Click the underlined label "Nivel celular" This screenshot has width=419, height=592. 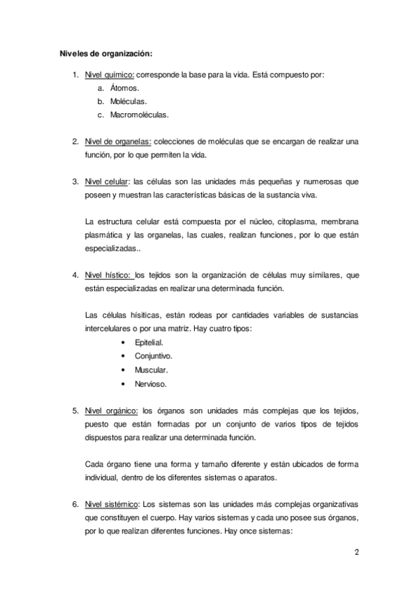pos(105,182)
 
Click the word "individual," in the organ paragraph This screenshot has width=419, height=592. pos(103,478)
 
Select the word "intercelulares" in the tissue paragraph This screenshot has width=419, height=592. pos(108,329)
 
